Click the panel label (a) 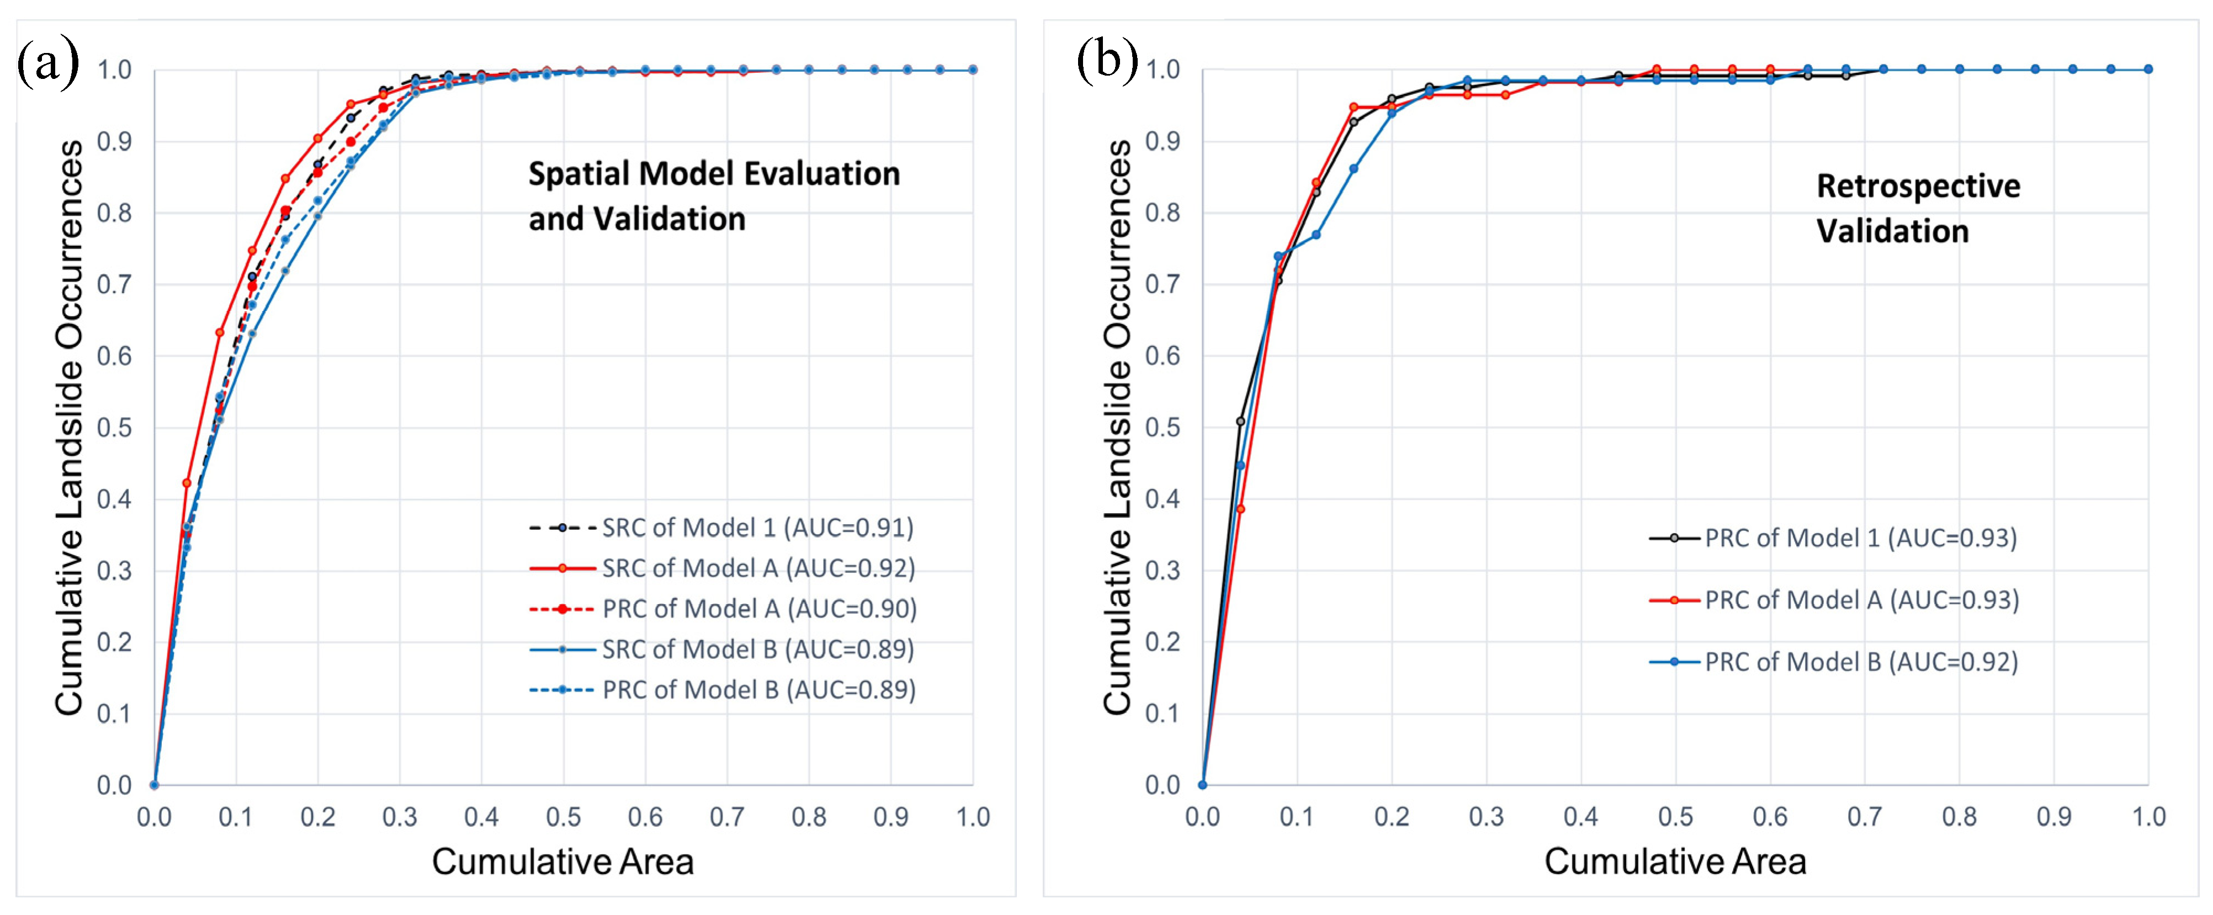click(x=48, y=63)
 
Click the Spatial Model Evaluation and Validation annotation click(x=713, y=196)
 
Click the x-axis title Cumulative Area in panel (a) click(x=562, y=861)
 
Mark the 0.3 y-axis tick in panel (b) click(x=1163, y=571)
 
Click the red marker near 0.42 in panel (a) click(x=187, y=483)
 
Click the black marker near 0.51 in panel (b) click(x=1240, y=421)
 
